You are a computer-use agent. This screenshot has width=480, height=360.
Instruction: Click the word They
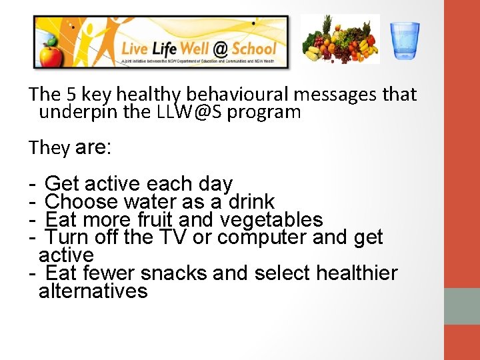49,147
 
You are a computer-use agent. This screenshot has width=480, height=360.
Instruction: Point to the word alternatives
93,291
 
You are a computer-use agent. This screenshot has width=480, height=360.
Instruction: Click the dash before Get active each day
33,183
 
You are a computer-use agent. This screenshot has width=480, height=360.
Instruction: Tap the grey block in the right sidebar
461,306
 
